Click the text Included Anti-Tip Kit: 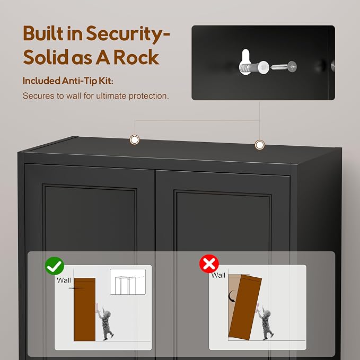[68, 81]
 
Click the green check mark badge [55, 266]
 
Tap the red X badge [209, 264]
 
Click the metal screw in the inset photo [284, 67]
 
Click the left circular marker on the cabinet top [135, 139]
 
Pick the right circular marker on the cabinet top [259, 145]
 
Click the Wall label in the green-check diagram [64, 280]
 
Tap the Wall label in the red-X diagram [218, 275]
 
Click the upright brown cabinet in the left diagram [85, 310]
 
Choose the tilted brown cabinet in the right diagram [245, 308]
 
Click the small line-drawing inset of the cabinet [128, 282]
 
